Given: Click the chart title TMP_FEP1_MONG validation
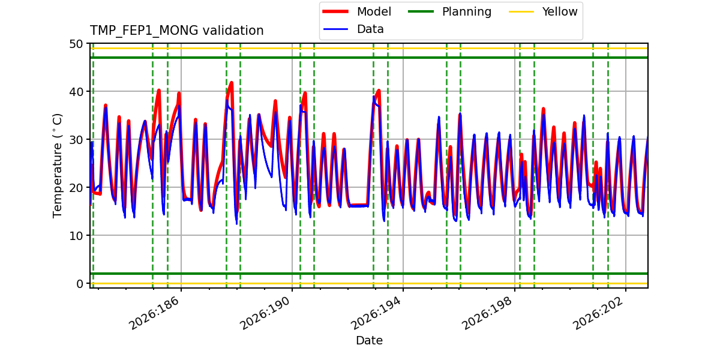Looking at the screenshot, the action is [176, 31].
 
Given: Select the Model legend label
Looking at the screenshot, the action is [374, 11].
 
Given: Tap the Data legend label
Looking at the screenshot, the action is [370, 29].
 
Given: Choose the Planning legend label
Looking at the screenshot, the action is [467, 11].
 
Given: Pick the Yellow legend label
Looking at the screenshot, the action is [560, 11].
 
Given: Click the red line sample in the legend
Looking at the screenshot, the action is [335, 11].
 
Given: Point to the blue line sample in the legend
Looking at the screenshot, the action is [335, 29].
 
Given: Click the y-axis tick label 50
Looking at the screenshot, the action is [76, 44].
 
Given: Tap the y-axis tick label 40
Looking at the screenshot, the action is [76, 92].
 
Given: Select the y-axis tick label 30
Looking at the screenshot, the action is [76, 140].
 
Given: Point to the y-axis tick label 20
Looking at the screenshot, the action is [76, 188].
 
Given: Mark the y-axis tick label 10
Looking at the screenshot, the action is [76, 236].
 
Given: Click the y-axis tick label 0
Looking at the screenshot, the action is [80, 284].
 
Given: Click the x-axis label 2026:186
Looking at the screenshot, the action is [154, 313].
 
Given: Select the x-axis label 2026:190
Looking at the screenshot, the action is [265, 313].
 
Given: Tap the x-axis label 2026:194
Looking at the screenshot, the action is [376, 313].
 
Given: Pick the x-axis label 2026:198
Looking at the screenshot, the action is [488, 313].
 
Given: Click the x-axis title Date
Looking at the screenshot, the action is [369, 340].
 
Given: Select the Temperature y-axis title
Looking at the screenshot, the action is [57, 166].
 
